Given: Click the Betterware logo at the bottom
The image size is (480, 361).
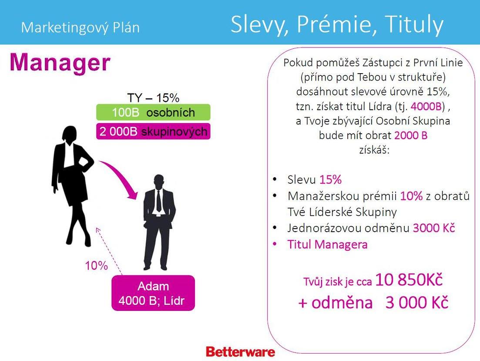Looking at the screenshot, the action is [240, 351].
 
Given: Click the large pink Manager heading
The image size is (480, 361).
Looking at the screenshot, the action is [60, 63].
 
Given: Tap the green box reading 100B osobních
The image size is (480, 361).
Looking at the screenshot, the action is [153, 112].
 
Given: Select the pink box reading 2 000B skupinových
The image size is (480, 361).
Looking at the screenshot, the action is [153, 132].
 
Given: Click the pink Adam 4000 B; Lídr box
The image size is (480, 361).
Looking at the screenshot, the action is [153, 293].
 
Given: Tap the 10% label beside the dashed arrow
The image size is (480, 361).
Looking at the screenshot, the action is [97, 265].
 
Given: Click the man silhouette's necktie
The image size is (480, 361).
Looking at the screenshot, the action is [158, 201].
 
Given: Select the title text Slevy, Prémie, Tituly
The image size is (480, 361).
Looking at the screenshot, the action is [337, 24].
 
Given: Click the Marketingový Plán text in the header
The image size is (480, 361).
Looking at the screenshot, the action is [80, 27].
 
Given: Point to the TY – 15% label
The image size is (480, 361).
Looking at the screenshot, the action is [153, 98].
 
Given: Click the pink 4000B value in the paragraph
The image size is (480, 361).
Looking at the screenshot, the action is [426, 106].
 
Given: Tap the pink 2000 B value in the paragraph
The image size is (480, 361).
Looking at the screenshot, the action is [411, 135].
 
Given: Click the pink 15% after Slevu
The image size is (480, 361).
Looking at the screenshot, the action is [330, 179].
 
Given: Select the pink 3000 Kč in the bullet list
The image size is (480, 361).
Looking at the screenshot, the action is [434, 228].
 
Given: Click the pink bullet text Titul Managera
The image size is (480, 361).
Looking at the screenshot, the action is [327, 245].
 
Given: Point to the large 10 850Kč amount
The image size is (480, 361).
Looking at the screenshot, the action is [409, 280].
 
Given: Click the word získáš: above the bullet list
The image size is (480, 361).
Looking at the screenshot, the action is [374, 150].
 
